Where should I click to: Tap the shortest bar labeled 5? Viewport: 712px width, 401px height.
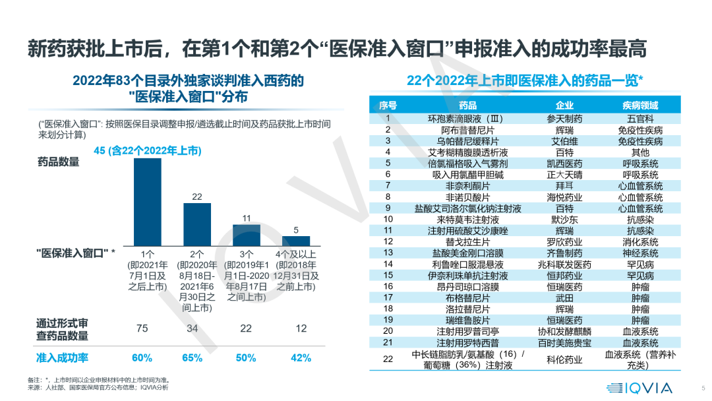click(x=296, y=240)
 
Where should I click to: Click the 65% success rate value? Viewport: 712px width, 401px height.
click(x=191, y=357)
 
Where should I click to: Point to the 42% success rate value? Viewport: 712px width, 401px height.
click(x=301, y=357)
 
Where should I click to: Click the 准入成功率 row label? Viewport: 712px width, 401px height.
click(x=62, y=357)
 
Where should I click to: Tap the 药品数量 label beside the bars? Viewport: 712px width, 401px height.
click(x=57, y=162)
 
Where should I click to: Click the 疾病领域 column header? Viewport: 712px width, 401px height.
click(x=640, y=106)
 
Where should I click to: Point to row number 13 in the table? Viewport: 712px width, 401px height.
click(x=388, y=253)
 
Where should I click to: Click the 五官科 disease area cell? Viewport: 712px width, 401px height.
click(x=640, y=119)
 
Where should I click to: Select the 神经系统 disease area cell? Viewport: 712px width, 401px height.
click(x=640, y=253)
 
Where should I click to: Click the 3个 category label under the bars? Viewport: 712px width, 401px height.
click(x=245, y=254)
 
